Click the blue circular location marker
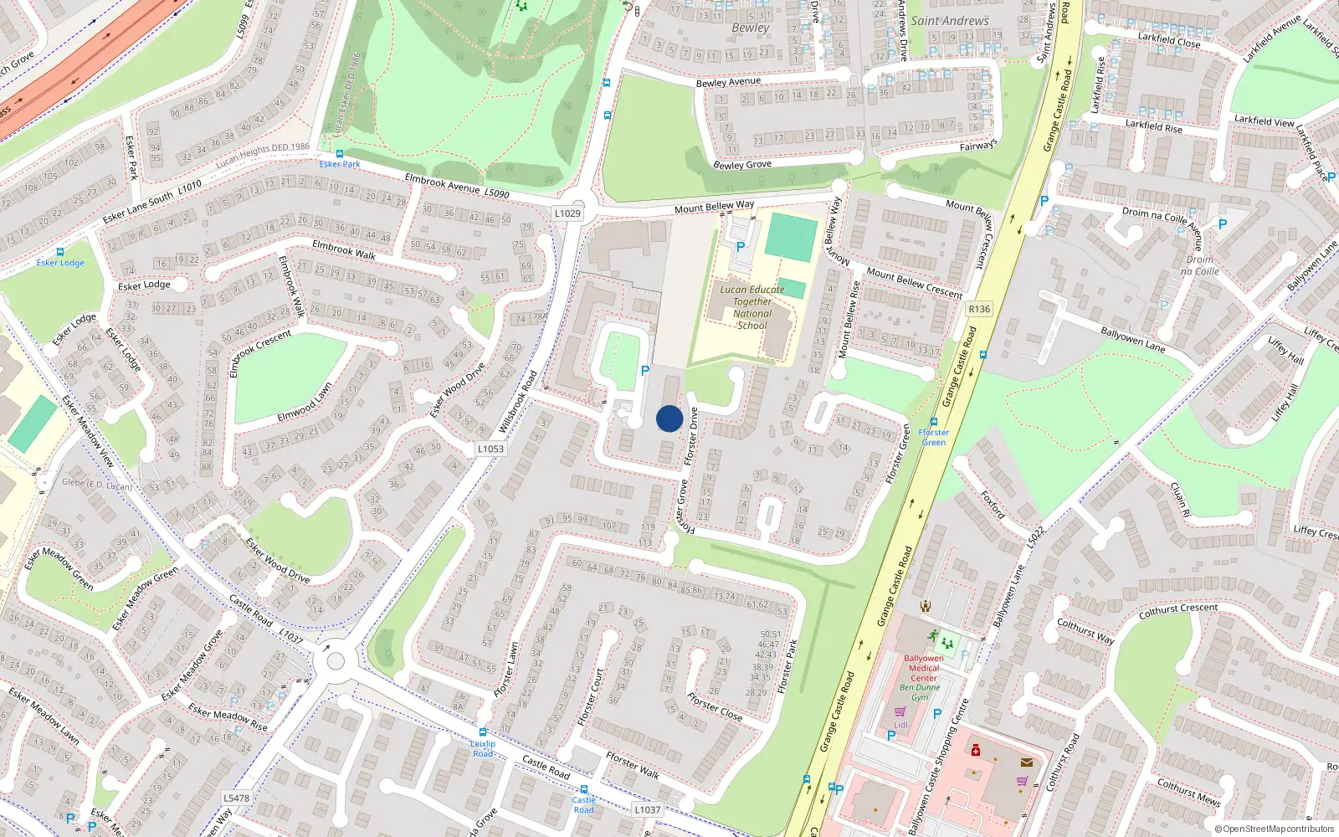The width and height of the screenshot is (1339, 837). point(669,418)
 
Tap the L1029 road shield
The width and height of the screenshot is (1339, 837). point(567,213)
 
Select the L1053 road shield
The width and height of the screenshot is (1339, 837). point(490,449)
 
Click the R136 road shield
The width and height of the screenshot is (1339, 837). point(978,309)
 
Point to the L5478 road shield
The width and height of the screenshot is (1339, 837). point(236,798)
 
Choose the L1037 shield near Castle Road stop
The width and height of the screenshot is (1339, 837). point(647,809)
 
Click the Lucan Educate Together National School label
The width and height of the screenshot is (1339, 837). point(752,307)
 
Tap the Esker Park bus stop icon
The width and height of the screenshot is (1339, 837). point(340,154)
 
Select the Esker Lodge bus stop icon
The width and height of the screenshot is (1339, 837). point(59,252)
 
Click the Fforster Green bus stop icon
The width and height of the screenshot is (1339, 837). point(934,423)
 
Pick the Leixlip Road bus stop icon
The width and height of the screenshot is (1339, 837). point(482,732)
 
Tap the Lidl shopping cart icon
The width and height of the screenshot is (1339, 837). point(900,711)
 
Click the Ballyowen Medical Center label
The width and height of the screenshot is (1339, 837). point(923,668)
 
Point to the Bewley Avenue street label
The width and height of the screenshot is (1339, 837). point(728,82)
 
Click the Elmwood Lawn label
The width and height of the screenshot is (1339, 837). point(305,403)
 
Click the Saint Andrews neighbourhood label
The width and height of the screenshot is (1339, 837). point(949,21)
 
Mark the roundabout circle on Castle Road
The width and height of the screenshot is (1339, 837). point(336,661)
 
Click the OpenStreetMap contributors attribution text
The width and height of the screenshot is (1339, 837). point(1274,829)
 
